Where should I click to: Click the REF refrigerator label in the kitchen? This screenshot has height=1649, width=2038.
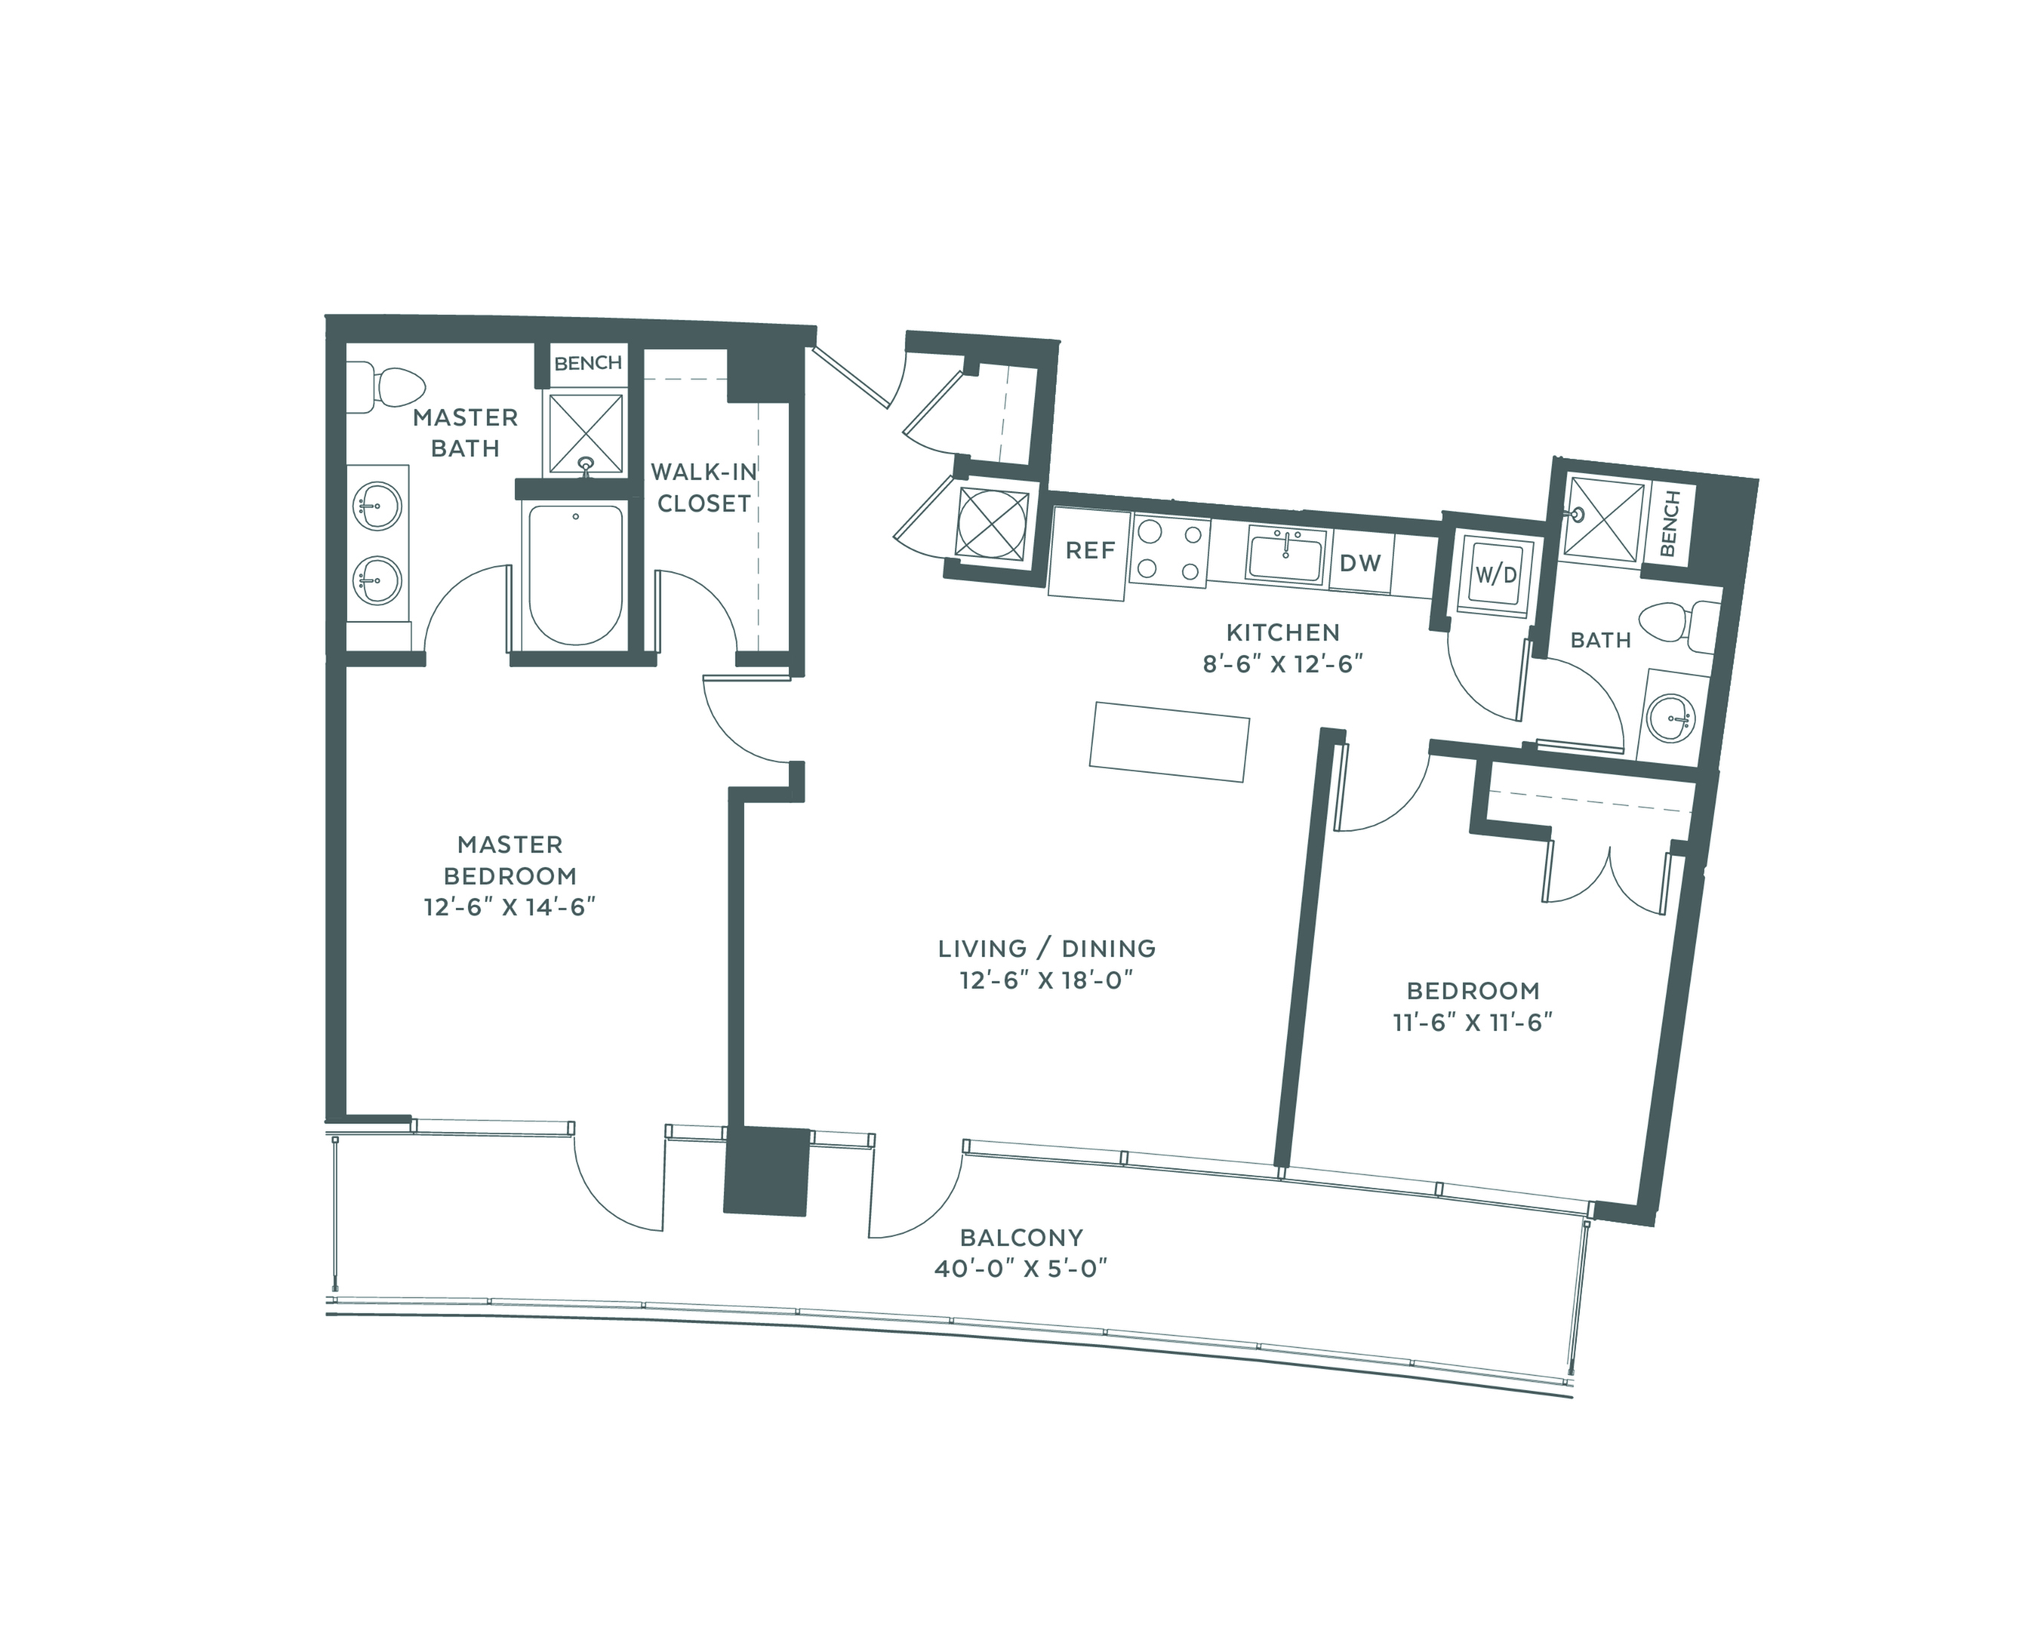pos(1089,551)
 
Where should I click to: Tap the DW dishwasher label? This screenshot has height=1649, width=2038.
pos(1359,563)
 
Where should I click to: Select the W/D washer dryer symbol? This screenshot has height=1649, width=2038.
pos(1495,574)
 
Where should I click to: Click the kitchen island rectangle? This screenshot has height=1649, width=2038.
pos(1168,741)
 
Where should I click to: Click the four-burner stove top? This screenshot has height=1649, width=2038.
pos(1168,552)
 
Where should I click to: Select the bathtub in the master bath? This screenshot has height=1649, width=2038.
pos(576,574)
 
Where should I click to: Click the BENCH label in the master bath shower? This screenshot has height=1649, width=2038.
pos(588,363)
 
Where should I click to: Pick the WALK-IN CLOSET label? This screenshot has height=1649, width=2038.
pos(704,488)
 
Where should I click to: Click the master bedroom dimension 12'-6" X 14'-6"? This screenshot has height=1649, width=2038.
pos(509,907)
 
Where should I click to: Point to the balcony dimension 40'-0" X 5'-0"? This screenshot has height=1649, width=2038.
pos(1021,1269)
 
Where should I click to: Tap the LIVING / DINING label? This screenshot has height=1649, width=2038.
pos(1047,948)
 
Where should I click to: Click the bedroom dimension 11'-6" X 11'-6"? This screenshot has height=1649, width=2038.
pos(1473,1022)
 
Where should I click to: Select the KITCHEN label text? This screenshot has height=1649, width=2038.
pos(1282,632)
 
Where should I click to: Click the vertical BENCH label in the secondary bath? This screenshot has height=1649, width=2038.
pos(1670,524)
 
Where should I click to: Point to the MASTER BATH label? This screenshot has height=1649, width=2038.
pos(466,432)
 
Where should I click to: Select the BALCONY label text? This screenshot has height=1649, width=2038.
pos(1021,1238)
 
